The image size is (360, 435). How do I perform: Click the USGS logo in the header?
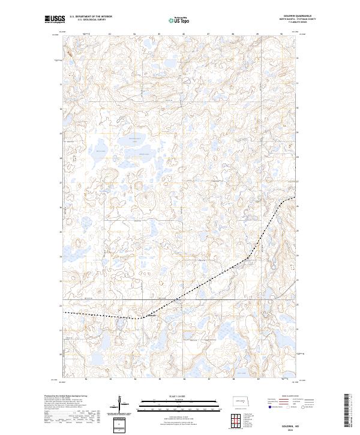[x=54, y=19]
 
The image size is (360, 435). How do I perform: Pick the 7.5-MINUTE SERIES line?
[x=304, y=23]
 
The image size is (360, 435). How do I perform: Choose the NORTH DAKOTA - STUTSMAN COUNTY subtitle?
[x=304, y=20]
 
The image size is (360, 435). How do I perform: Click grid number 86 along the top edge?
[x=184, y=34]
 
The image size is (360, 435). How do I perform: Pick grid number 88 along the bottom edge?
[x=233, y=379]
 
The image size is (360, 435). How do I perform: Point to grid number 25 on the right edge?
[x=297, y=231]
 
